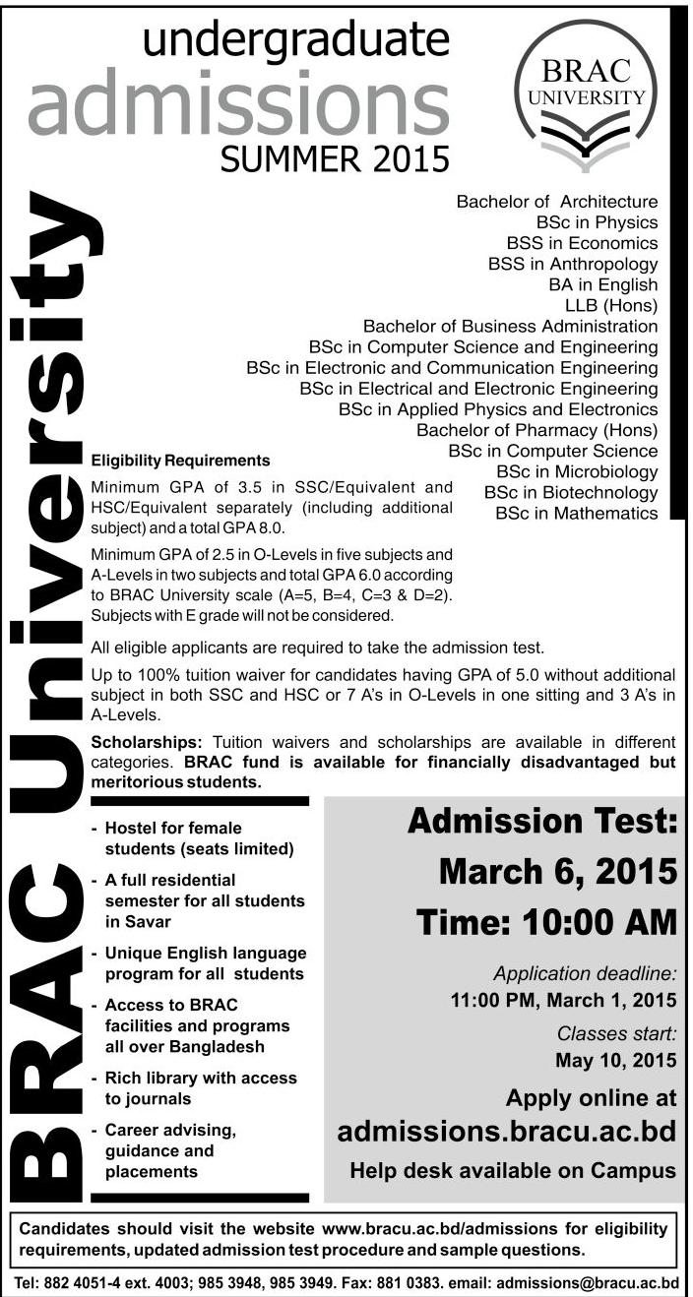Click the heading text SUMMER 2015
(335, 157)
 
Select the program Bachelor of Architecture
(556, 201)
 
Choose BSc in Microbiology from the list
(577, 471)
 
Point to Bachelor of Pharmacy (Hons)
(536, 430)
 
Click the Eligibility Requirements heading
(180, 460)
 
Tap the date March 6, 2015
(557, 871)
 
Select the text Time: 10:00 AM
(546, 923)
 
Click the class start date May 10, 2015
(616, 1060)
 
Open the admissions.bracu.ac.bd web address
(506, 1132)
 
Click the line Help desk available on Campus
(513, 1171)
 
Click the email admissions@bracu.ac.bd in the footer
(588, 1283)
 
